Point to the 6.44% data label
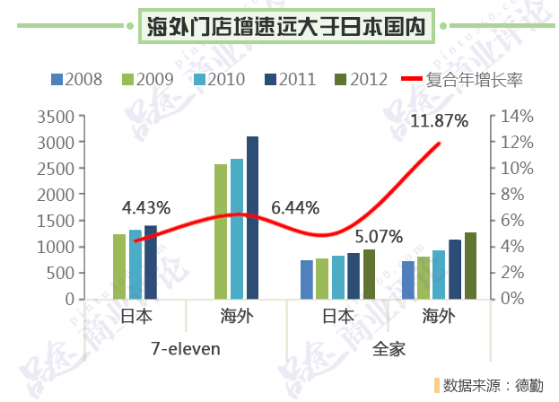click(x=294, y=208)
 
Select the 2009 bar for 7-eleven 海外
click(x=220, y=231)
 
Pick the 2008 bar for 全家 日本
click(x=306, y=279)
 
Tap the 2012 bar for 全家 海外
click(x=471, y=265)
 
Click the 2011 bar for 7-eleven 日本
click(x=151, y=261)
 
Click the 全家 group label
click(x=389, y=347)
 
